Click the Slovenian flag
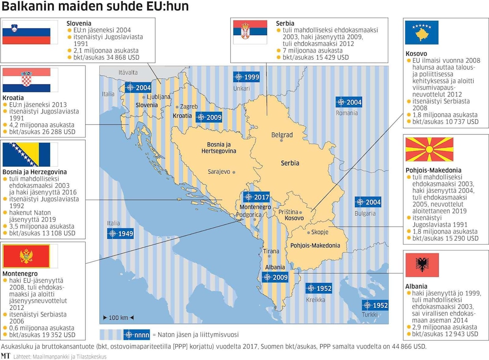26,32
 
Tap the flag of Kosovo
422,33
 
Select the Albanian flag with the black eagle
422,265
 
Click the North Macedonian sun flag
429,150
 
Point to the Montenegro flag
26,256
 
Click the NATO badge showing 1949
120,233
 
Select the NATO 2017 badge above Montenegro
256,197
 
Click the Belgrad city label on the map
282,135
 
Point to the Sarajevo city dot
234,172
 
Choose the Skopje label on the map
319,232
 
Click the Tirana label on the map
271,251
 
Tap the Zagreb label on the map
189,107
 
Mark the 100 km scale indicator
118,317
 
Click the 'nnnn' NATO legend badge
136,334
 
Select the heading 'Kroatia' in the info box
13,97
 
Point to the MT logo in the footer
6,356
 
